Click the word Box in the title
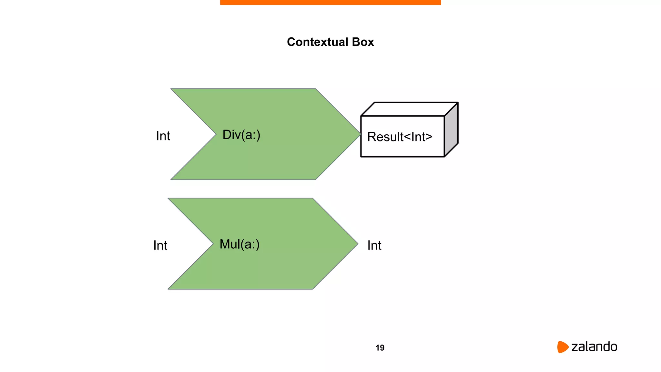click(x=363, y=42)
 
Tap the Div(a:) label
click(x=241, y=135)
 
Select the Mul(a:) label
click(x=239, y=244)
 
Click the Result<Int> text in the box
click(x=400, y=137)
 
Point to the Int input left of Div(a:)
click(x=163, y=136)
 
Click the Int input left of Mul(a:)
click(x=160, y=245)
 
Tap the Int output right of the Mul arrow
click(x=374, y=245)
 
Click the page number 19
click(x=380, y=348)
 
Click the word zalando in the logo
click(x=594, y=347)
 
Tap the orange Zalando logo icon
click(x=562, y=347)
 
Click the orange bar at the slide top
click(x=330, y=2)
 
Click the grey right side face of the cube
click(x=451, y=129)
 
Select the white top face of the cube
click(x=409, y=109)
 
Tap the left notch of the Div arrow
click(x=215, y=134)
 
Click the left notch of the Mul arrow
click(x=212, y=243)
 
